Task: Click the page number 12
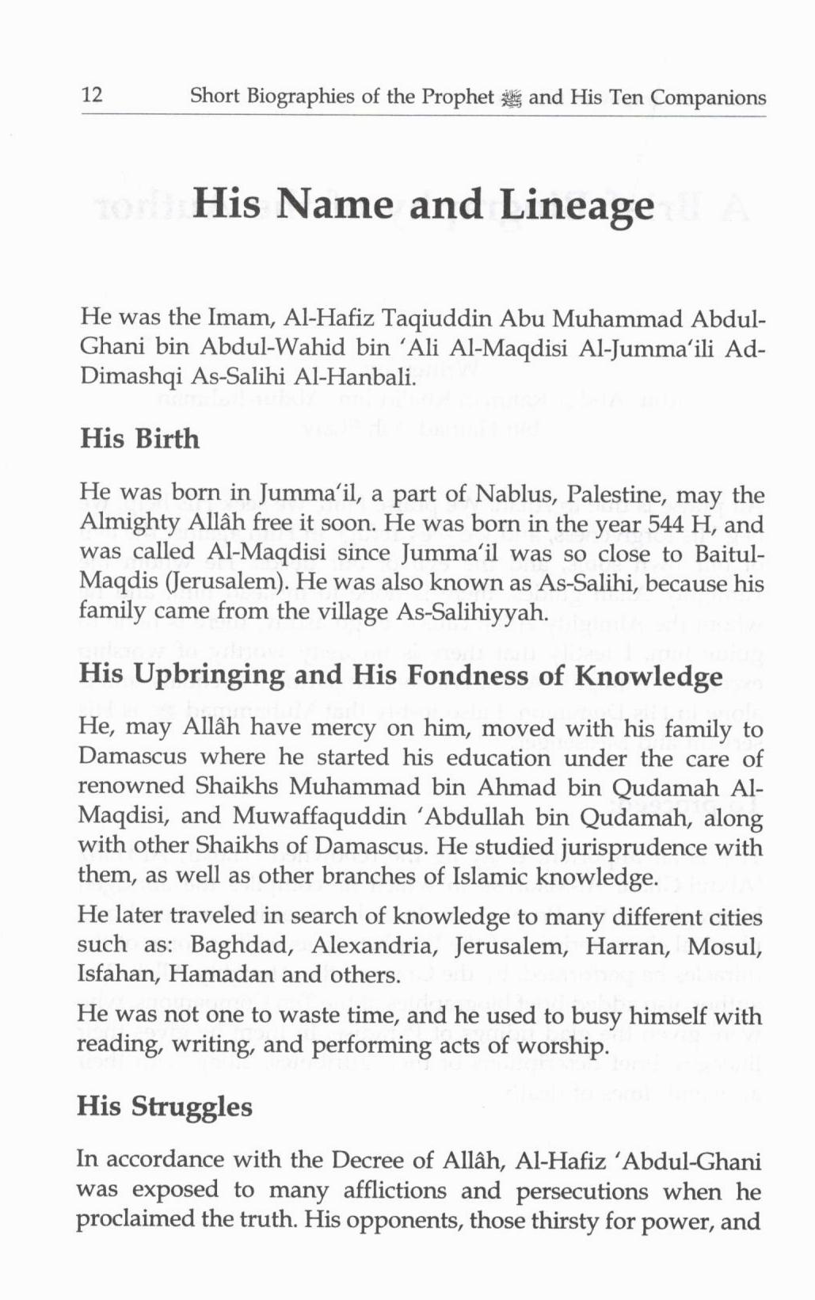pos(92,96)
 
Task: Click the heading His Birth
pos(139,439)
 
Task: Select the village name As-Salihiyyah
pos(479,612)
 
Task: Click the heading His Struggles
pos(165,1107)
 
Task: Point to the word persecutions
pos(581,1191)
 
